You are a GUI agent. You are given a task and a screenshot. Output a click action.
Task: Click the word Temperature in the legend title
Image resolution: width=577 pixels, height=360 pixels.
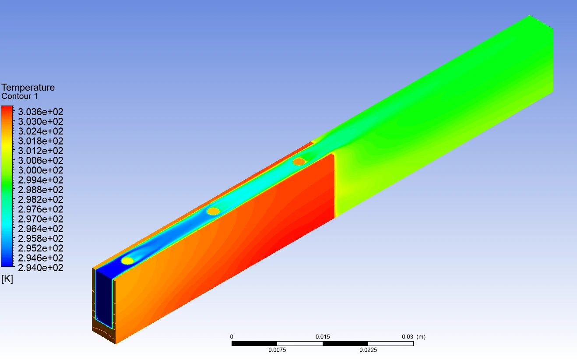(28, 88)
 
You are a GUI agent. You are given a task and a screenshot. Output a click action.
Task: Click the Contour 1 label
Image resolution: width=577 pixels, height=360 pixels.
(20, 96)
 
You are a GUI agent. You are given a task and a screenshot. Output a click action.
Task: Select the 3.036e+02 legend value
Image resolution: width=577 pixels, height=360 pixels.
(40, 112)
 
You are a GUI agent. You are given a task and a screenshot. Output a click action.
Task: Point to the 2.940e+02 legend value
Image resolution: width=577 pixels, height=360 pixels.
(40, 268)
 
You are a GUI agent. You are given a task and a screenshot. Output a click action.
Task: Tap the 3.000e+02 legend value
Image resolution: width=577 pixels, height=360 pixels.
(40, 170)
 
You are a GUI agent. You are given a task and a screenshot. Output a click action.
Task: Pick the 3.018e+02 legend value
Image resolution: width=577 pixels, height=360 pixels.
(40, 141)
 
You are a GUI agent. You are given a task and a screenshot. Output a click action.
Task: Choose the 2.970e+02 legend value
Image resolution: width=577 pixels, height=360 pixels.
(40, 219)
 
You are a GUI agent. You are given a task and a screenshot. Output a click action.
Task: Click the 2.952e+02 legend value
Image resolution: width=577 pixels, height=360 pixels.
(40, 248)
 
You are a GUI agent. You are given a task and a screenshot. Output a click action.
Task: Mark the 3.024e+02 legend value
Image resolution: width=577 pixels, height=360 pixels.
(40, 131)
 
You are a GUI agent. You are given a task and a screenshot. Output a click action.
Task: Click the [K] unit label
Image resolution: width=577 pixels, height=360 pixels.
(7, 279)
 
